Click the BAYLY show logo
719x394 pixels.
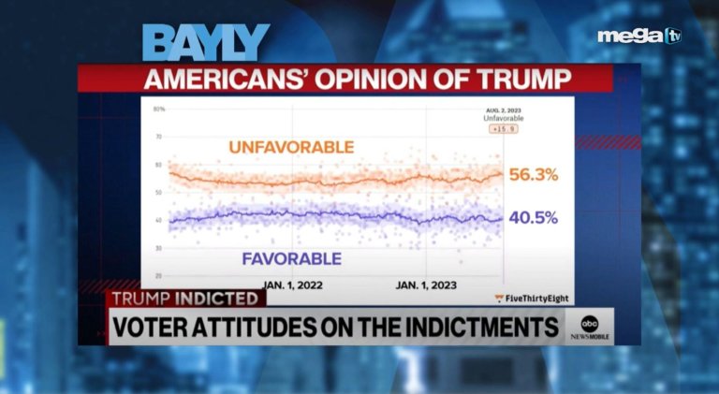[x=206, y=43]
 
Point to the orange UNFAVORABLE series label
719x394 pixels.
[x=291, y=147]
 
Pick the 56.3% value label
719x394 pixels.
[x=534, y=174]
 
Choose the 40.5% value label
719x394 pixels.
[x=534, y=217]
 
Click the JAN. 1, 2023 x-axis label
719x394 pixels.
[x=427, y=285]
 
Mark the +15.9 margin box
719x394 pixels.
[x=504, y=129]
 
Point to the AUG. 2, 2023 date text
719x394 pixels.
[x=504, y=110]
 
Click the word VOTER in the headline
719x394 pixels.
[x=154, y=328]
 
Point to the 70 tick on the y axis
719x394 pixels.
[x=158, y=137]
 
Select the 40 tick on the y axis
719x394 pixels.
[x=158, y=220]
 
